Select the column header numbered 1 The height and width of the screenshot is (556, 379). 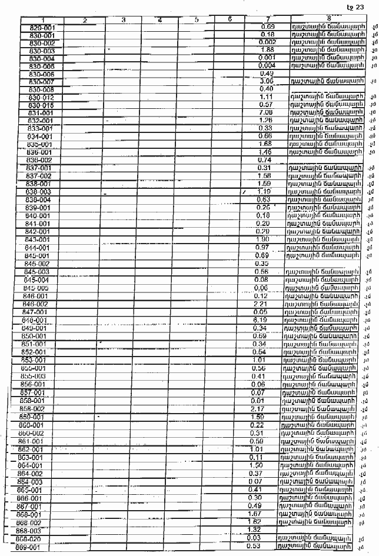click(43, 20)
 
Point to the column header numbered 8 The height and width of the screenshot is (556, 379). click(327, 20)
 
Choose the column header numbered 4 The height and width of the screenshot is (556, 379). click(160, 20)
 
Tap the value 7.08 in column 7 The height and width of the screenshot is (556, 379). click(267, 112)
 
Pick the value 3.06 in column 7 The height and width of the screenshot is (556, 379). click(267, 81)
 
